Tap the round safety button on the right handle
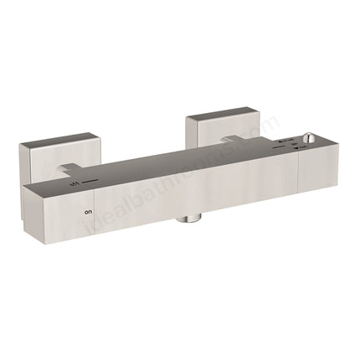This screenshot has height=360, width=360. coord(311,139)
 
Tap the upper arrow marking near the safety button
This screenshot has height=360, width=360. coord(288,136)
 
